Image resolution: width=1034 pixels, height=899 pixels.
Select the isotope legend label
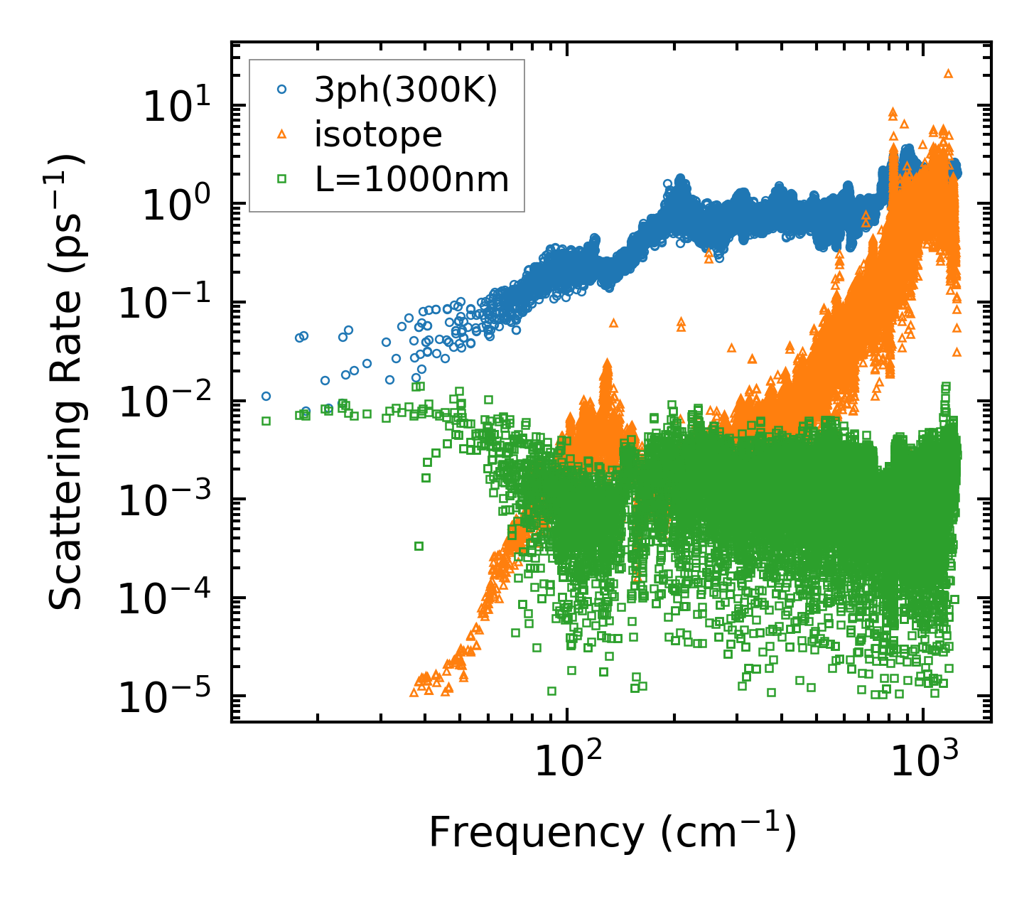(x=378, y=134)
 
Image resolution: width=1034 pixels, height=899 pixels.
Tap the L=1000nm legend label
(x=412, y=179)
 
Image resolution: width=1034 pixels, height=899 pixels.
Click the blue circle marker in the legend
(x=282, y=90)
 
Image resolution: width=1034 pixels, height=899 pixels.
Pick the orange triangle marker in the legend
(x=282, y=134)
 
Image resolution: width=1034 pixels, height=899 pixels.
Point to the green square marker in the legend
(x=282, y=179)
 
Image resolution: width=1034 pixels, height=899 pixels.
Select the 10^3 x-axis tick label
(x=922, y=761)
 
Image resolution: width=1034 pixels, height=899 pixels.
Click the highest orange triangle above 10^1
(x=947, y=73)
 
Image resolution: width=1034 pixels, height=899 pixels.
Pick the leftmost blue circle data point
(x=266, y=396)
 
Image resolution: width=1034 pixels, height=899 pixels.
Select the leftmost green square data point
(x=266, y=421)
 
